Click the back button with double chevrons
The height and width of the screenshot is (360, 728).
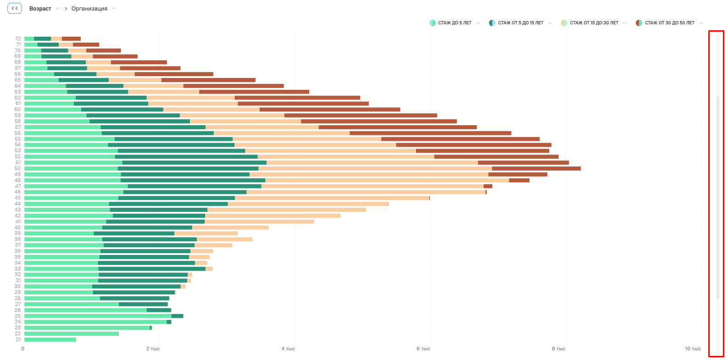click(15, 8)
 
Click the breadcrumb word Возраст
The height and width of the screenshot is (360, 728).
click(40, 9)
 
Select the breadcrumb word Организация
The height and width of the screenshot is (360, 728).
click(89, 9)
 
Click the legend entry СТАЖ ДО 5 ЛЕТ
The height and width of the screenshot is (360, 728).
click(454, 23)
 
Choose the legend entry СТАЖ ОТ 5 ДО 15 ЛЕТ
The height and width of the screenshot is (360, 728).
click(520, 23)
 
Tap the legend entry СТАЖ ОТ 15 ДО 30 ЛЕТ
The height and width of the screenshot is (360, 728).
click(594, 23)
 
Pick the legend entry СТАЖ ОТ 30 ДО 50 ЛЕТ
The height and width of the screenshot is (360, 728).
click(669, 23)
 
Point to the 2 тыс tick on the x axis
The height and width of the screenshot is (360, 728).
click(153, 349)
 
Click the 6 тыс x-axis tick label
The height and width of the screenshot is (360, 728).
click(423, 349)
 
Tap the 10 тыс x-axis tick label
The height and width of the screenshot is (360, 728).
click(693, 349)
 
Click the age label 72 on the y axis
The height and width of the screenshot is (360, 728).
click(17, 39)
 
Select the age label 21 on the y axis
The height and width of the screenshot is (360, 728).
click(18, 339)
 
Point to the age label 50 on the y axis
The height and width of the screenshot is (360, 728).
click(17, 168)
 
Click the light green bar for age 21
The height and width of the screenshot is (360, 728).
click(50, 339)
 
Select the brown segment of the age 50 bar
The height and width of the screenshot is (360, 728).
click(536, 168)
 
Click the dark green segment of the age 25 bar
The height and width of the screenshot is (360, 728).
click(177, 316)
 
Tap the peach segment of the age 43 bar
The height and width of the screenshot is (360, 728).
click(286, 210)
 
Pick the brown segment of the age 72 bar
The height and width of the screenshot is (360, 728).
click(71, 39)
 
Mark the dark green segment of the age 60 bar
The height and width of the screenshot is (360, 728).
click(122, 109)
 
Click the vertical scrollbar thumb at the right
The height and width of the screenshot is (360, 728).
click(718, 197)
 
